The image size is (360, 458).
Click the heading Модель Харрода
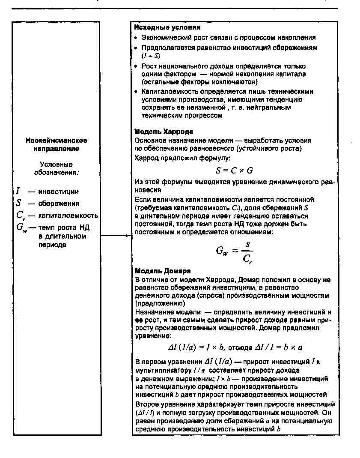158,132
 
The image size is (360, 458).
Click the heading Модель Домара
156,271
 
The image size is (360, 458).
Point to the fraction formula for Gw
234,251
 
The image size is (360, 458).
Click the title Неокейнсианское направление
57,144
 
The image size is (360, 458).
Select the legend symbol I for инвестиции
18,192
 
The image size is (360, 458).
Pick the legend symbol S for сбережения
19,204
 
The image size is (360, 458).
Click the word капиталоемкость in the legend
68,216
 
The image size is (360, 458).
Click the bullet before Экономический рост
137,38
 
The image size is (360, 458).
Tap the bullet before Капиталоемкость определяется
137,92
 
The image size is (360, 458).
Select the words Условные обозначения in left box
57,168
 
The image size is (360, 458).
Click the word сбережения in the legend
59,204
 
